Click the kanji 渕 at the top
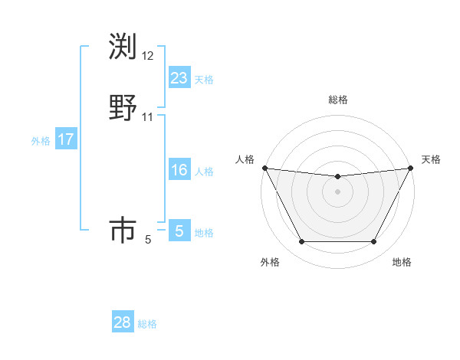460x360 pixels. [x=123, y=47]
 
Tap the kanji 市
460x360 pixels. [x=123, y=230]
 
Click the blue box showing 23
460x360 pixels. [x=179, y=77]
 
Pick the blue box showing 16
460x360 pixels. [x=179, y=170]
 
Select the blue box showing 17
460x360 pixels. [x=66, y=139]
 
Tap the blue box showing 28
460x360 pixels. [x=123, y=322]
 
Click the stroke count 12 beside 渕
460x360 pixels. [x=148, y=56]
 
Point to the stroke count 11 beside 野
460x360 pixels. [x=148, y=117]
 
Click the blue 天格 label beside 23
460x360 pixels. [x=204, y=80]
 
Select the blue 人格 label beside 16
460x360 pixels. [x=204, y=172]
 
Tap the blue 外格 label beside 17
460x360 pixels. [x=41, y=141]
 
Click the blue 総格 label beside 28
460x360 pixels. [x=147, y=325]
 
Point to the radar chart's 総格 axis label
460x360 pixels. [x=338, y=100]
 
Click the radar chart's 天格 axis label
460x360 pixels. [x=431, y=159]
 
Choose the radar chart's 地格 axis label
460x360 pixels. [x=402, y=262]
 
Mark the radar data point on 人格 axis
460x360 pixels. [x=264, y=168]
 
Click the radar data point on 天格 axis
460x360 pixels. [x=411, y=168]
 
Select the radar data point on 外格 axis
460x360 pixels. [x=301, y=242]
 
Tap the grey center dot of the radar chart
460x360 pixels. [x=337, y=191]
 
